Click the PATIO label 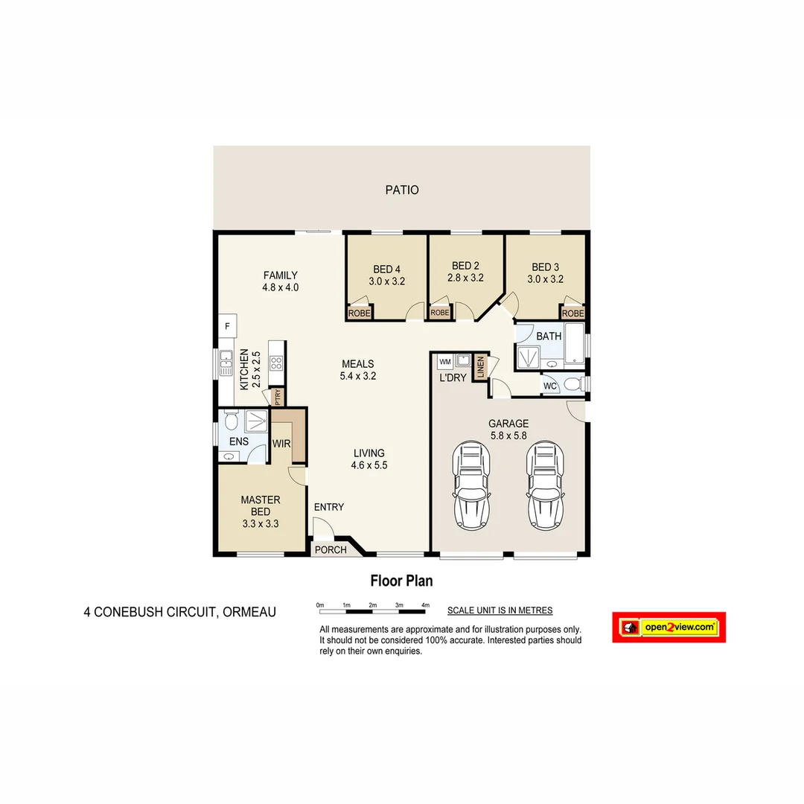point(402,190)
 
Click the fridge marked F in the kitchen point(227,325)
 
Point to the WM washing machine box point(445,362)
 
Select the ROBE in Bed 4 point(359,313)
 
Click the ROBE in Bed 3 point(572,313)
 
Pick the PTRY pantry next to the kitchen point(278,397)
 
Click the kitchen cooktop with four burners point(276,363)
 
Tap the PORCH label point(331,550)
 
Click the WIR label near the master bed point(281,444)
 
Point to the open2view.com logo point(669,628)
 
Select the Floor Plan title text point(401,581)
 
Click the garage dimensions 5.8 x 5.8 point(508,435)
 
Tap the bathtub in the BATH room point(575,345)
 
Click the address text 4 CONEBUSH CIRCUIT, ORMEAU point(179,613)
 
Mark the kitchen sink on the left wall point(226,364)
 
